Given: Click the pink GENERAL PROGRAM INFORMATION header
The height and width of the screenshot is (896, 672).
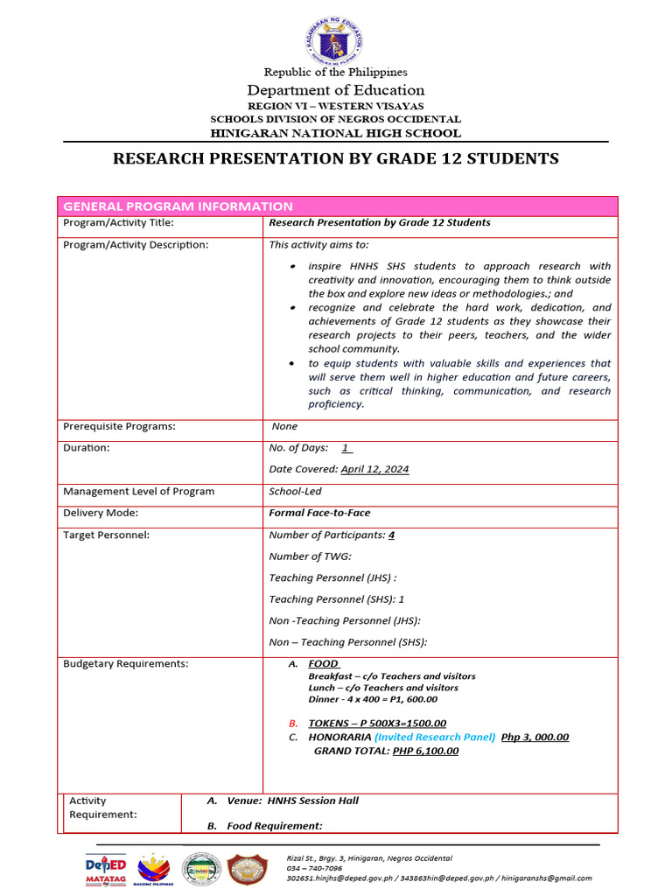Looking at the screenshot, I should click(x=178, y=206).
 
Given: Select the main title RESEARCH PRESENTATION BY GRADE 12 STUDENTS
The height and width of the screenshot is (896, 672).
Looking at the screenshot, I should click(x=336, y=158).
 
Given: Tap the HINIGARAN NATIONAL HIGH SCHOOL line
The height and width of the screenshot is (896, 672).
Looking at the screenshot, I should click(x=335, y=133).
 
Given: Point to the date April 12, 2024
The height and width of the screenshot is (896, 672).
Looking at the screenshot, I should click(x=374, y=469).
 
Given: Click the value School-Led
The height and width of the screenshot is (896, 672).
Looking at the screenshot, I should click(x=295, y=491).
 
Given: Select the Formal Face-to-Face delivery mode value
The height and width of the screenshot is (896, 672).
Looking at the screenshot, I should click(x=319, y=513).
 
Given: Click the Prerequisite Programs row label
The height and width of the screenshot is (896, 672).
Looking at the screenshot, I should click(x=119, y=426).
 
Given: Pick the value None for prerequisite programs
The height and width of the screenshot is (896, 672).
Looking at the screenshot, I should click(x=284, y=426).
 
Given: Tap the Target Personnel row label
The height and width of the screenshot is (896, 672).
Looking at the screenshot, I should click(x=106, y=535).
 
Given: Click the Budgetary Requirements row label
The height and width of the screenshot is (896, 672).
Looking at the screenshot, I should click(x=125, y=663).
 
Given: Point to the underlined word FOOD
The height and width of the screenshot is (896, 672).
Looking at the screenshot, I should click(x=324, y=664).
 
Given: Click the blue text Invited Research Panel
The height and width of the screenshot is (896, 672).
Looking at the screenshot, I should click(x=435, y=737).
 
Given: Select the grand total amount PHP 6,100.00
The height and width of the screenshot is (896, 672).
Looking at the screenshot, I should click(x=425, y=751).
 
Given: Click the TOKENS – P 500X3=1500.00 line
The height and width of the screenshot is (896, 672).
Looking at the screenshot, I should click(x=377, y=724).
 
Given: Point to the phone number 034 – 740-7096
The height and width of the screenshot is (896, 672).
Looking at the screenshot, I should click(x=315, y=868).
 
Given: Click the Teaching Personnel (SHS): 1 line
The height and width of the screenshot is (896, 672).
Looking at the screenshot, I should click(x=336, y=599).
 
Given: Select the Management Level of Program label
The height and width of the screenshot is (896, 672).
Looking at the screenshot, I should click(x=138, y=491).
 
